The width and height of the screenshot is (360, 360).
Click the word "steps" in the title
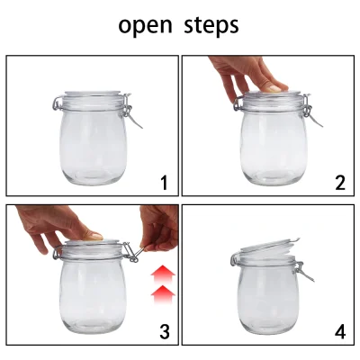tap(209, 25)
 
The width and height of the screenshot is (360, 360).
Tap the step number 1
tap(164, 184)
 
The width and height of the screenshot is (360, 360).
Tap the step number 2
tap(339, 184)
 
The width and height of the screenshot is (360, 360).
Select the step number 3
tap(164, 331)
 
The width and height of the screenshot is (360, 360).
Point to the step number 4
tap(339, 331)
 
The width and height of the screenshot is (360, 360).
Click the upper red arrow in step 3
tap(159, 273)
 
